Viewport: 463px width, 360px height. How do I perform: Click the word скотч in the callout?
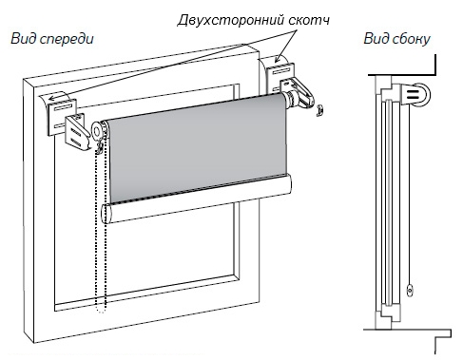[x=309, y=20]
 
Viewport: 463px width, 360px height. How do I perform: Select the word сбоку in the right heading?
[x=412, y=39]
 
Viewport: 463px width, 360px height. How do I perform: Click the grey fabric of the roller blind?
[x=197, y=146]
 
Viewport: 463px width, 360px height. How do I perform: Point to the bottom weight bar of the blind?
[x=196, y=199]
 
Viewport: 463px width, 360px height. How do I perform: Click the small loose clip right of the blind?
[x=319, y=111]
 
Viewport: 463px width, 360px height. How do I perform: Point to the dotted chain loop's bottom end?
[x=101, y=312]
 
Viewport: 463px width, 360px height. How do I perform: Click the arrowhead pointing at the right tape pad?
[x=278, y=59]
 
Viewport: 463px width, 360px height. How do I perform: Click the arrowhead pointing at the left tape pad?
[x=51, y=98]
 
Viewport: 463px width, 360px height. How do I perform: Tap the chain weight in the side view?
[x=410, y=291]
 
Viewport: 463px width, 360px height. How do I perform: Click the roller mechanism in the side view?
[x=416, y=94]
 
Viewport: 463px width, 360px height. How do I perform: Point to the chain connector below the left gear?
[x=100, y=147]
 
